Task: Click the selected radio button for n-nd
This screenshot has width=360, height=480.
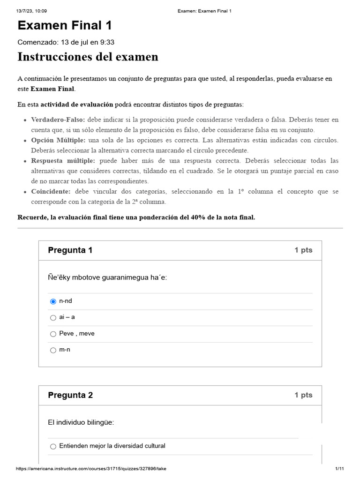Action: (53, 301)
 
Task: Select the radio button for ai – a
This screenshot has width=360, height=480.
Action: (53, 318)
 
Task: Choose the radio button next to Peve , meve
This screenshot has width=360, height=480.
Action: (53, 334)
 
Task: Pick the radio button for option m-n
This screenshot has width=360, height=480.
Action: (53, 351)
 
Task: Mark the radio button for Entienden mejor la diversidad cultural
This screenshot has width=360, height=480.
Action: (53, 447)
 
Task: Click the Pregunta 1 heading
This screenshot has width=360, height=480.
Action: (70, 250)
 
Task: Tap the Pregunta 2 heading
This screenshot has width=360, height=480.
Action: (70, 395)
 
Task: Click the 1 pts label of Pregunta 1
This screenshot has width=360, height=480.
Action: (303, 250)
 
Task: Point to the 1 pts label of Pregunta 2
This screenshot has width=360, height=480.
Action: (303, 395)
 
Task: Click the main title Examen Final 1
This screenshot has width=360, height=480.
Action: (65, 26)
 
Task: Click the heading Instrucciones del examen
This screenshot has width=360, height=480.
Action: (88, 57)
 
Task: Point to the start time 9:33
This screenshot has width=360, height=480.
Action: (107, 42)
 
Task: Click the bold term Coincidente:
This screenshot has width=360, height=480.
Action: (51, 192)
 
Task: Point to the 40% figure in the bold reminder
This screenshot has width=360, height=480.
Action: (199, 217)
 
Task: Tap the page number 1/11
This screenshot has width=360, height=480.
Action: (340, 469)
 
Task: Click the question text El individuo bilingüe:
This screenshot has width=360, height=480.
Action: (81, 423)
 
